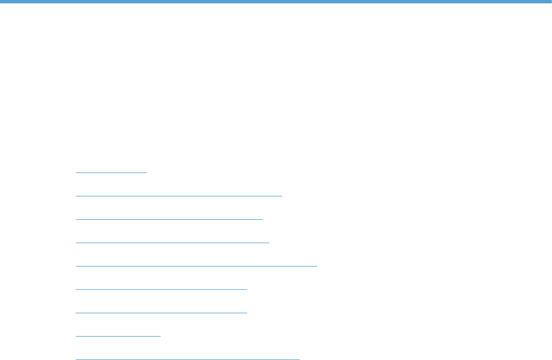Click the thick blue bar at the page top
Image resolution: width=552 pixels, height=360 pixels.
pos(276,2)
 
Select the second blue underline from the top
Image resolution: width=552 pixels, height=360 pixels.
pos(179,196)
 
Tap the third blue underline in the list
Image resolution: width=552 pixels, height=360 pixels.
pos(169,219)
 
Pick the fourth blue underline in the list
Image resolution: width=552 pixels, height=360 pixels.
pos(172,243)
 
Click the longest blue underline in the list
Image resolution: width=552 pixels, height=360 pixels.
pos(196,266)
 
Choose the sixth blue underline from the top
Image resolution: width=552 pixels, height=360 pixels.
pos(161,289)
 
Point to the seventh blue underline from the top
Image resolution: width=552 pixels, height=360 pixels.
pos(161,312)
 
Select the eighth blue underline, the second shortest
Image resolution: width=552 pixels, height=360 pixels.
pos(117,336)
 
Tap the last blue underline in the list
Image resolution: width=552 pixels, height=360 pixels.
pos(187,359)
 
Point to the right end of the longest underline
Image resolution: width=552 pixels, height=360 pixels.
pos(317,266)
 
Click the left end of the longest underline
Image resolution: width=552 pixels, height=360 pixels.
pos(76,266)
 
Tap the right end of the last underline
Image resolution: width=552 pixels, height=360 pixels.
pos(299,359)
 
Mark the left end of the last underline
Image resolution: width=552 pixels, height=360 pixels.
pos(76,359)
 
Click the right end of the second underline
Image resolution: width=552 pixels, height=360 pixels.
pos(282,196)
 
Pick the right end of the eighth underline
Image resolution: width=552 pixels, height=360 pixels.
pos(160,336)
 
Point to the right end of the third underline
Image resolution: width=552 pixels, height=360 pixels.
pos(262,219)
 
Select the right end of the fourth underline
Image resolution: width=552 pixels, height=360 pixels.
pos(269,243)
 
